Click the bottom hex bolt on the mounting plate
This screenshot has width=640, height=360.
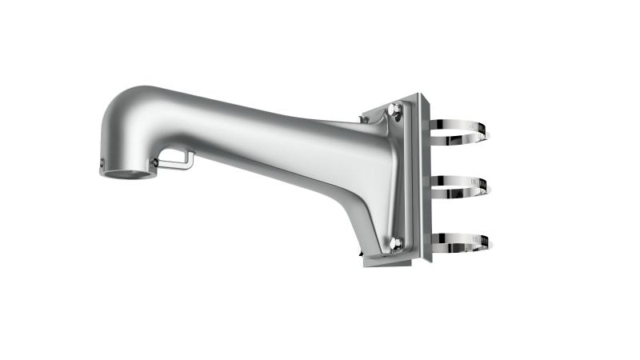(x=395, y=244)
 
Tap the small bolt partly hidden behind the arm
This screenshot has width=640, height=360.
(x=364, y=120)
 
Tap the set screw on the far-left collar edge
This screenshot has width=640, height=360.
(x=102, y=164)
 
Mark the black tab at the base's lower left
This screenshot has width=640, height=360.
(x=364, y=260)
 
